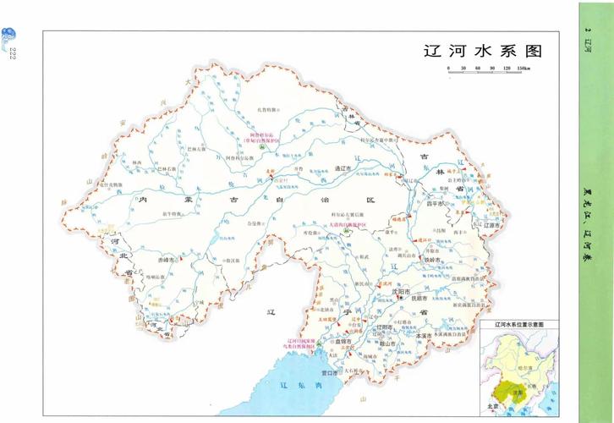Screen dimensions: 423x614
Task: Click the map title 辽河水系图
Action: (480, 51)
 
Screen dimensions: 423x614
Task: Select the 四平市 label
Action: (435, 203)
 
